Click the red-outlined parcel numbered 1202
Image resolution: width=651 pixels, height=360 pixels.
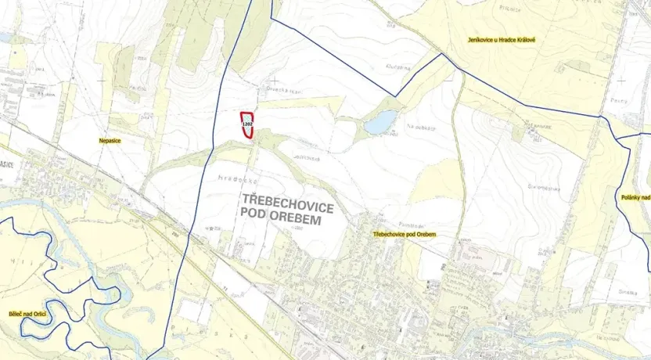(247, 125)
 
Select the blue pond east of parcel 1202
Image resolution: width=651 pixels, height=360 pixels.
(379, 122)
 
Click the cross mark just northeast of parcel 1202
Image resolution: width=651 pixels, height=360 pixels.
(275, 81)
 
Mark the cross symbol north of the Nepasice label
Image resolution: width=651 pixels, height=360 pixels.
(103, 80)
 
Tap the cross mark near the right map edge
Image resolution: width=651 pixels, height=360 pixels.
(620, 80)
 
